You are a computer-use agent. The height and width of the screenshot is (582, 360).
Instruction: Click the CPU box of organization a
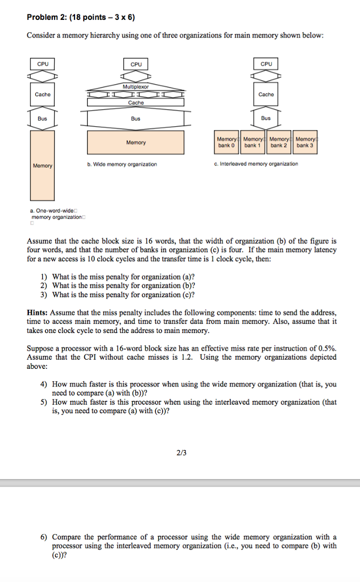[43, 64]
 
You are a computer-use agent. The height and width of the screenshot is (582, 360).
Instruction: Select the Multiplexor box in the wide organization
[136, 86]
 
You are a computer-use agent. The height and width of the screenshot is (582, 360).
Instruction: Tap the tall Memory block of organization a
[43, 165]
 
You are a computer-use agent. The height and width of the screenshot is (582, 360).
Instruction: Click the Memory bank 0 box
[226, 142]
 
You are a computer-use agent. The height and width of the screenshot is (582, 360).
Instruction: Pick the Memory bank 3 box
[305, 142]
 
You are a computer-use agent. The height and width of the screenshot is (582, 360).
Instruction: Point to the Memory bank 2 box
[279, 142]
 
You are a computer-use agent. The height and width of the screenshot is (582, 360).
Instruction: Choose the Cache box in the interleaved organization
[266, 94]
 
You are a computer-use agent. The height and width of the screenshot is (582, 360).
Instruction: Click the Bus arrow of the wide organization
[135, 119]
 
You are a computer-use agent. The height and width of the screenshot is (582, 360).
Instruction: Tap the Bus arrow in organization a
[43, 119]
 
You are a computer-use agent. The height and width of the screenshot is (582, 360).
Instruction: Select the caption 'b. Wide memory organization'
[122, 164]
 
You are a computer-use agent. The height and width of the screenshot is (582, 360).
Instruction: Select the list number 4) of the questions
[44, 384]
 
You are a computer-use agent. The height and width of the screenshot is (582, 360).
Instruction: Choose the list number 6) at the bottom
[44, 537]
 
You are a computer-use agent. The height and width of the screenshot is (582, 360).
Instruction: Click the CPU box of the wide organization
[136, 64]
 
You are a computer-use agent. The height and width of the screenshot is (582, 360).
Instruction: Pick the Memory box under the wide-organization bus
[136, 143]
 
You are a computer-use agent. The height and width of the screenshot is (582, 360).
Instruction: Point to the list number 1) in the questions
[44, 277]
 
